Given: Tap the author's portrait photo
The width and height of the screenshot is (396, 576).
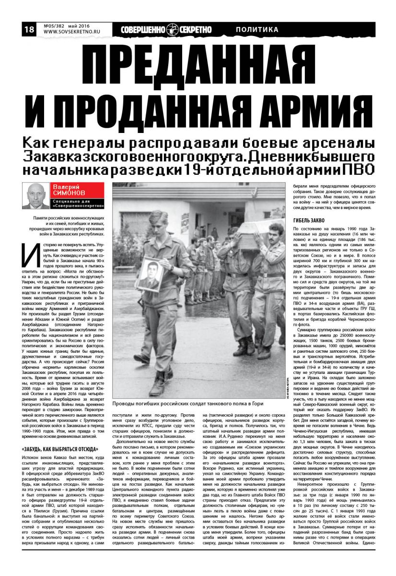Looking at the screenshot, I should [x=35, y=196].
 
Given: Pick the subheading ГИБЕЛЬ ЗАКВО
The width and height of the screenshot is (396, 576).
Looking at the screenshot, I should [x=309, y=220].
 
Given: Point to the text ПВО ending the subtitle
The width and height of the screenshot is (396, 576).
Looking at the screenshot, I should [x=360, y=169].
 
